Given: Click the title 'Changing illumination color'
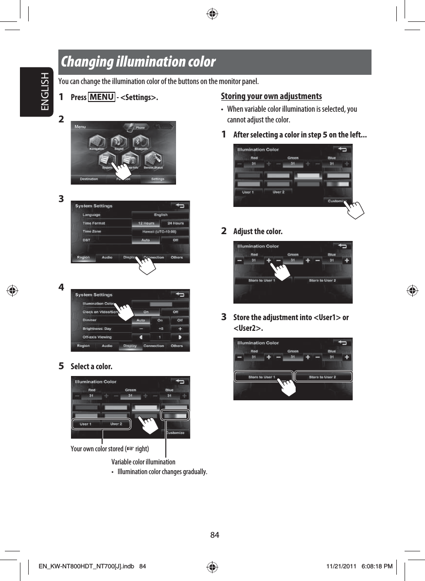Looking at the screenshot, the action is pyautogui.click(x=138, y=62).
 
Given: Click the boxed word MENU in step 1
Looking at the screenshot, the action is pyautogui.click(x=102, y=97).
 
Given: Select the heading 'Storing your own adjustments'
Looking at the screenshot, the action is pyautogui.click(x=271, y=96).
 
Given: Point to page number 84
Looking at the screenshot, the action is pyautogui.click(x=214, y=535).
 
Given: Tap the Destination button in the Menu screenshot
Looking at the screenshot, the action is pyautogui.click(x=89, y=179).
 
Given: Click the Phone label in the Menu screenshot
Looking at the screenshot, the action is pyautogui.click(x=140, y=126).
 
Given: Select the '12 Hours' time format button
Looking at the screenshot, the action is pyautogui.click(x=145, y=223).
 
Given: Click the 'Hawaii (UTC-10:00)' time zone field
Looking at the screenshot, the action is pyautogui.click(x=160, y=231).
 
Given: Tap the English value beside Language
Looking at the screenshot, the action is pyautogui.click(x=160, y=215).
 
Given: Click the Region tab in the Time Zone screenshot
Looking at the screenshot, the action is pyautogui.click(x=83, y=257).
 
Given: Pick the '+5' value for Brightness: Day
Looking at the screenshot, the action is pyautogui.click(x=160, y=328).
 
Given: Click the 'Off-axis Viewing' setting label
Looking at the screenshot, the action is pyautogui.click(x=97, y=337).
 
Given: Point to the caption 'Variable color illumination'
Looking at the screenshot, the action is pyautogui.click(x=143, y=461).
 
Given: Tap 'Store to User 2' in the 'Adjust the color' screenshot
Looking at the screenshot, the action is pyautogui.click(x=322, y=280).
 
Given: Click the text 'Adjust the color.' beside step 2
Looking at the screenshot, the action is pyautogui.click(x=258, y=231).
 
